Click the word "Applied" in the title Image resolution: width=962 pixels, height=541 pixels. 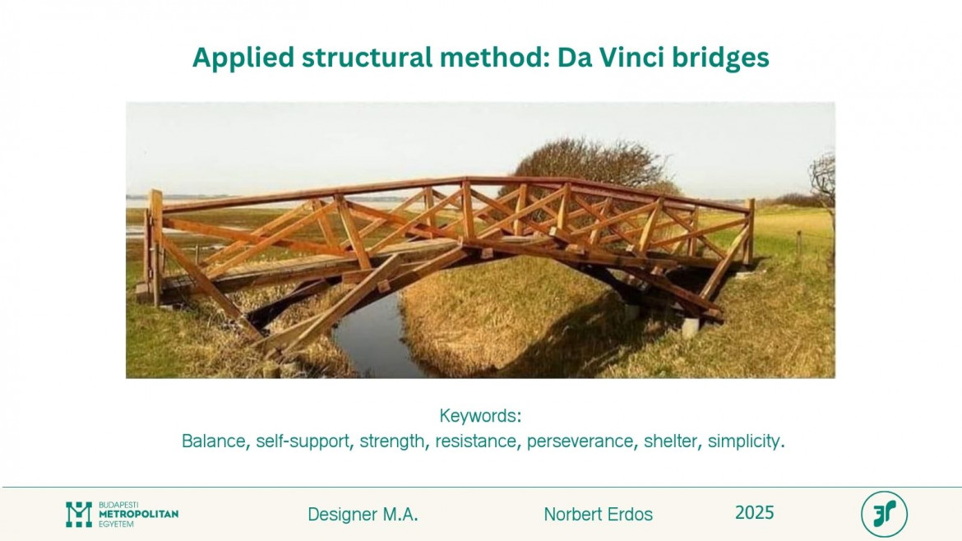[243, 58]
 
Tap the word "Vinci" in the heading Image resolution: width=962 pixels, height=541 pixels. [632, 57]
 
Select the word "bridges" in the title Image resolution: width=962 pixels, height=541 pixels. [720, 58]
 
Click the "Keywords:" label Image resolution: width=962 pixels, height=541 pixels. [480, 416]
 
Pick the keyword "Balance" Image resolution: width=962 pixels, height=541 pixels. [213, 441]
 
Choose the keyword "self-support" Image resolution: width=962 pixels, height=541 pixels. [303, 442]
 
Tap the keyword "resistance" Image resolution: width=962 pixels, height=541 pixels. [475, 441]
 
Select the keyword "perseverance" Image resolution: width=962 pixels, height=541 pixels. [580, 442]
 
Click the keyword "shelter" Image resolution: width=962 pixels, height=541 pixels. [671, 441]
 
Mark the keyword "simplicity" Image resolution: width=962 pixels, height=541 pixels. [743, 442]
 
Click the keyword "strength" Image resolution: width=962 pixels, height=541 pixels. [391, 442]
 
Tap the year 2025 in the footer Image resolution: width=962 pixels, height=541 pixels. [755, 513]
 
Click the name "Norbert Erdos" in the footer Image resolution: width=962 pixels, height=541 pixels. [599, 514]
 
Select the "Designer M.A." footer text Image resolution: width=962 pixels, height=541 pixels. [363, 514]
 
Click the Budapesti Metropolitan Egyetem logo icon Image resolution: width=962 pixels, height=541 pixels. [79, 514]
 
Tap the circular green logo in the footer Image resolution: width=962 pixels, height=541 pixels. [883, 514]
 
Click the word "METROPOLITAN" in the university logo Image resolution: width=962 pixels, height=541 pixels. [139, 514]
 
